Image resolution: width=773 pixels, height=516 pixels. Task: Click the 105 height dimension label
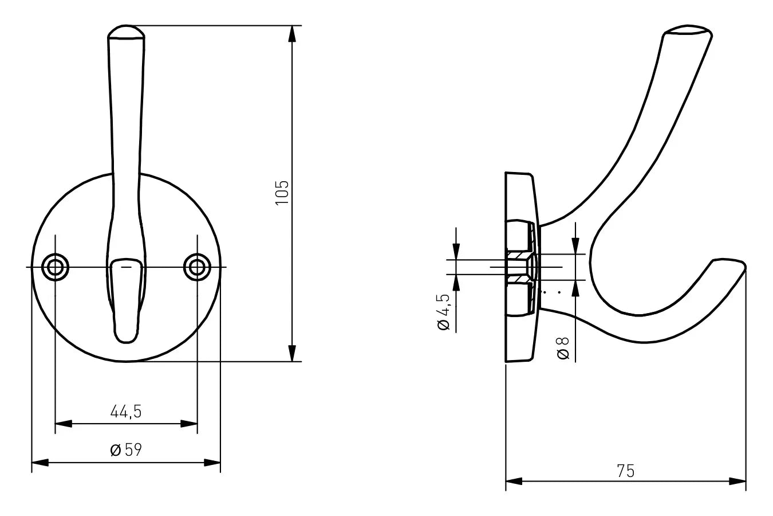coord(282,193)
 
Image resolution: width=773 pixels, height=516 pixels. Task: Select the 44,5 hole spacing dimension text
coord(125,412)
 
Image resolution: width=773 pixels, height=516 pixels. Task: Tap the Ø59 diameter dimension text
coord(125,450)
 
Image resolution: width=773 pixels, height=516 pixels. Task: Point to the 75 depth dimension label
coord(626,471)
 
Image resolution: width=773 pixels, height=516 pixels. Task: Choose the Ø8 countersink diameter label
coord(563,349)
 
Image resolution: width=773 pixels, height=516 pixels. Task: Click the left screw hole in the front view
coord(56,267)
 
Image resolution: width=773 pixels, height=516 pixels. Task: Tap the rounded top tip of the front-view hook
coord(127,32)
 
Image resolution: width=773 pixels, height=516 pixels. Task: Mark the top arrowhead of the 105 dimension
coord(292,33)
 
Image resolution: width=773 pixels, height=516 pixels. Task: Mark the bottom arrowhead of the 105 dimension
coord(292,354)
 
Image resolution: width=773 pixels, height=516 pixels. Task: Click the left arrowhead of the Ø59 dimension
coord(39,462)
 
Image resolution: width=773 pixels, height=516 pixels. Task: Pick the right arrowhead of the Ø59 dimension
coord(212,462)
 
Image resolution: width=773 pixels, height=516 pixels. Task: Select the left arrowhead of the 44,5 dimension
coord(63,424)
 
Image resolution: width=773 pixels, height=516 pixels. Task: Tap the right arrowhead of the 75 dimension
coord(738,481)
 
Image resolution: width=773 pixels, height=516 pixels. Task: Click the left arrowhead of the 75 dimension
coord(514,481)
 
